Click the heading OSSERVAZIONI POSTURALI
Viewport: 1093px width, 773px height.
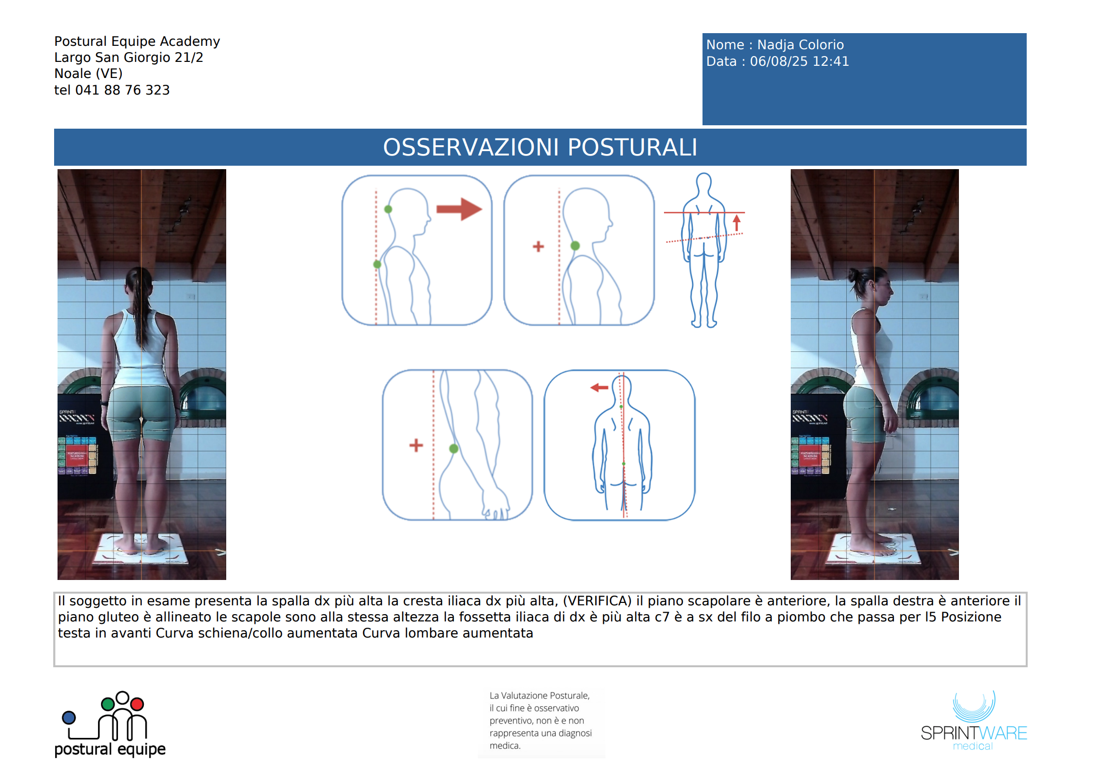[540, 147]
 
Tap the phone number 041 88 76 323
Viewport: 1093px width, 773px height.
[122, 90]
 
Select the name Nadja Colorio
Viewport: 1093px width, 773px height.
[800, 45]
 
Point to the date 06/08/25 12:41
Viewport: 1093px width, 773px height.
[799, 61]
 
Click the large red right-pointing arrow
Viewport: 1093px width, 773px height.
[459, 209]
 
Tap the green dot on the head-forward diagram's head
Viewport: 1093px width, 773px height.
[388, 209]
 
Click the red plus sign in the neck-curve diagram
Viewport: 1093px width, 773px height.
[538, 247]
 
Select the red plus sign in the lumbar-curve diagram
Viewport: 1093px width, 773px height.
[416, 445]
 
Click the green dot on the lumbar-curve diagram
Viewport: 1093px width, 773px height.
[453, 448]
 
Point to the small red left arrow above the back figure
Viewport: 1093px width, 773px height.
[599, 387]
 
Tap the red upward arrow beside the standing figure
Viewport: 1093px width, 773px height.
[737, 223]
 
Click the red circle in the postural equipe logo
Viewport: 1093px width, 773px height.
[137, 704]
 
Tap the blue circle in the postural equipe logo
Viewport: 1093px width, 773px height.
[69, 717]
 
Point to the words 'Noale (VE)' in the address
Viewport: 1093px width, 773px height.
[88, 74]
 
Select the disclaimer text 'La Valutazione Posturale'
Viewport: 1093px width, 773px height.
[539, 696]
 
